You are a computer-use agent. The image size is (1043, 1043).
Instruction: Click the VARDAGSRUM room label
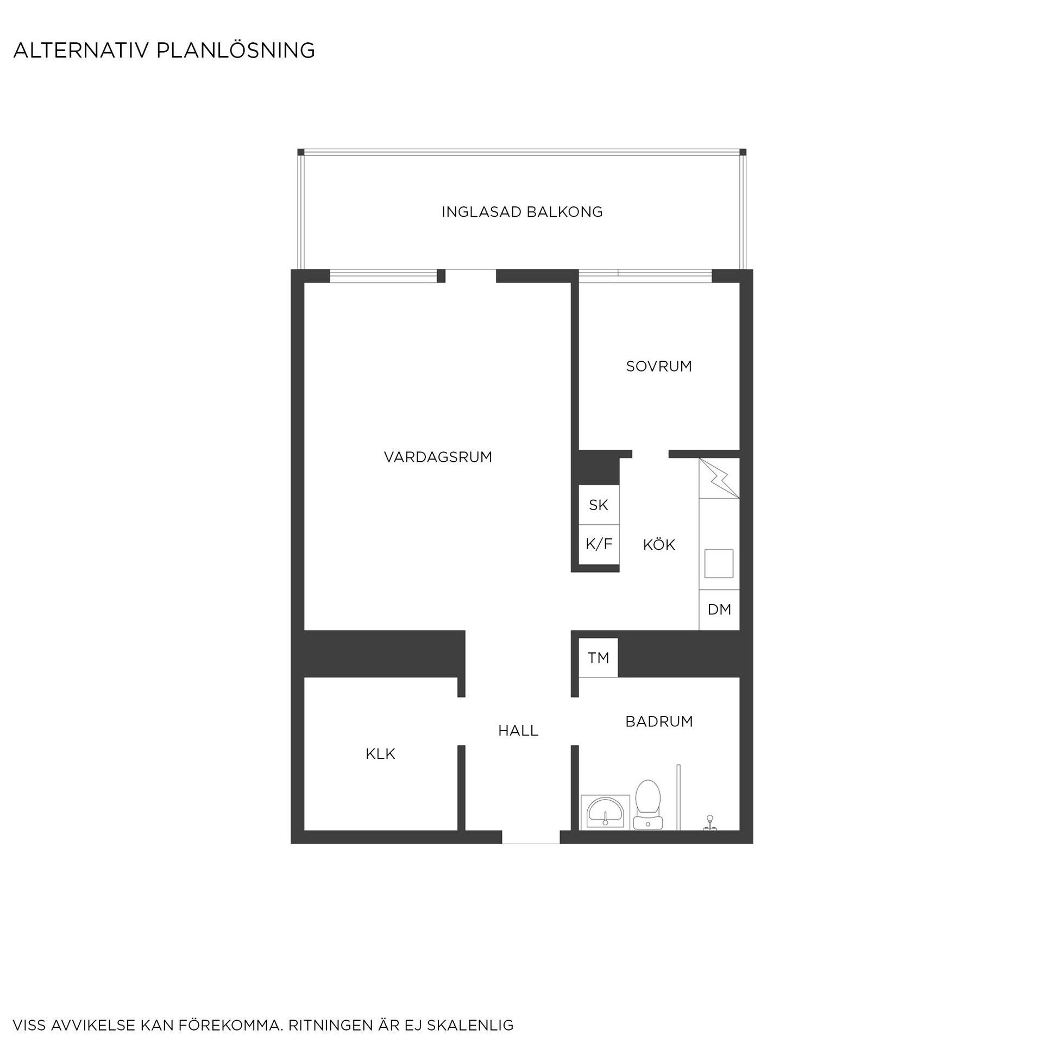(438, 457)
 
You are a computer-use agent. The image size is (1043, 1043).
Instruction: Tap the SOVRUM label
(659, 366)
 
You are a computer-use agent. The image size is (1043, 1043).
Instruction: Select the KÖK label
(659, 544)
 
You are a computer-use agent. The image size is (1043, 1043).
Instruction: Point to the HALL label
(518, 731)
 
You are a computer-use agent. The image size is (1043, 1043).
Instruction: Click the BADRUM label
(659, 721)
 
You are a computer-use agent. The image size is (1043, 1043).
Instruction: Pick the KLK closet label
(380, 754)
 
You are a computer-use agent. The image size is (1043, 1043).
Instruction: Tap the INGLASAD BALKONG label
(522, 212)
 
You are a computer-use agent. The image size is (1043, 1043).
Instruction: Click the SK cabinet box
(599, 505)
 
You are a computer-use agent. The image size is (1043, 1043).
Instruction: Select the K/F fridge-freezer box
(599, 545)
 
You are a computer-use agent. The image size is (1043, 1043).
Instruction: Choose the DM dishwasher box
(719, 610)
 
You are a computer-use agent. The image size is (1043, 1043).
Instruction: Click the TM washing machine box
(598, 658)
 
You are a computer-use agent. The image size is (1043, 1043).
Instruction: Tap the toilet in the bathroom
(648, 805)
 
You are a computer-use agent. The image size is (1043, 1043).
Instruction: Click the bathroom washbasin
(605, 813)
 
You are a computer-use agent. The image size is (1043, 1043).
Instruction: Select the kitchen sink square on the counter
(719, 563)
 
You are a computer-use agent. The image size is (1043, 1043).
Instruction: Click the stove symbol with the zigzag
(719, 478)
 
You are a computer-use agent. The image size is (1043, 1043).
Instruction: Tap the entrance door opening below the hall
(531, 837)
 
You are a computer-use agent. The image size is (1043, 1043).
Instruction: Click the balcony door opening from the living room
(470, 276)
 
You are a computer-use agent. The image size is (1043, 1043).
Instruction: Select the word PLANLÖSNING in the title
(236, 51)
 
